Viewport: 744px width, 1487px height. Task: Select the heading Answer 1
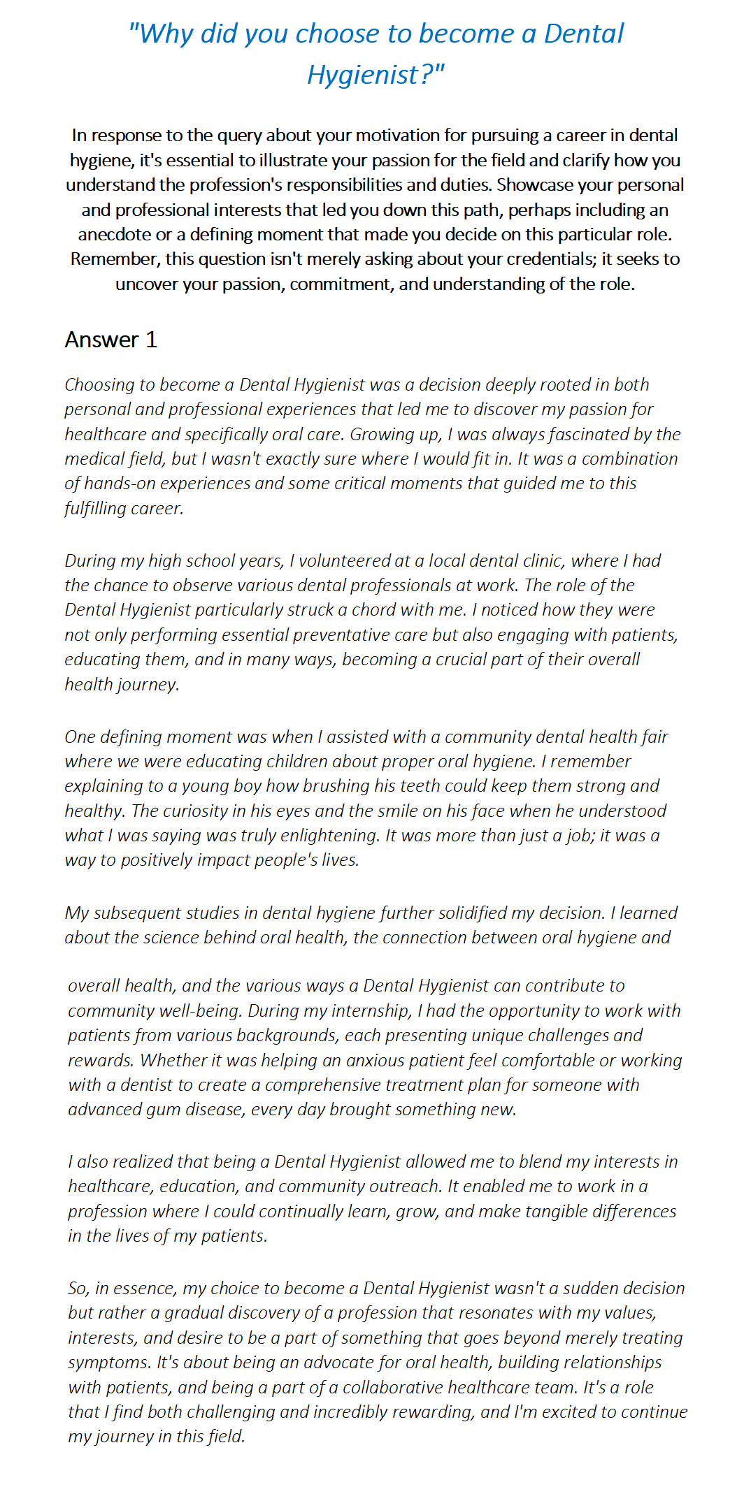coord(110,340)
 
